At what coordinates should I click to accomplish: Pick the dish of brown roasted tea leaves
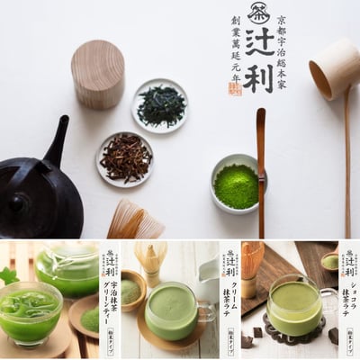[124, 157]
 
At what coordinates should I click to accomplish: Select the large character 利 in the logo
[261, 78]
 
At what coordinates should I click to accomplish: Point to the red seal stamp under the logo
[236, 88]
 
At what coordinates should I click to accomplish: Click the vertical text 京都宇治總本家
[289, 49]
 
